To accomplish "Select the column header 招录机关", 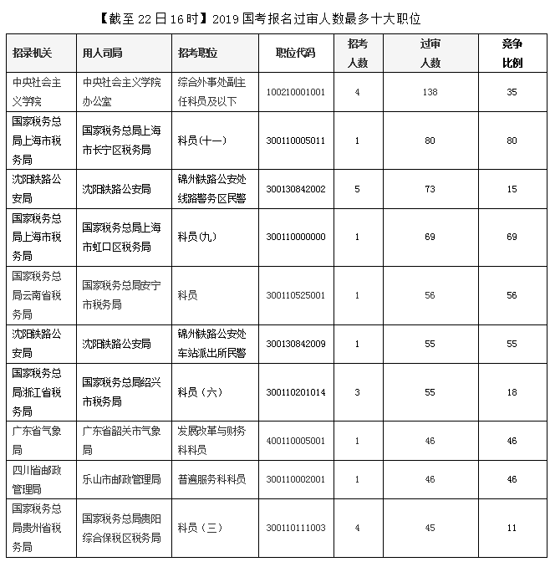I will [x=33, y=53].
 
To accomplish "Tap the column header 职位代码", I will [x=295, y=53].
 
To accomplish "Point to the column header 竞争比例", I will [x=512, y=53].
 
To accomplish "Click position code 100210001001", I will [x=296, y=92].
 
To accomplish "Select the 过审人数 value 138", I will [x=430, y=92].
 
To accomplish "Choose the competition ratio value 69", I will [x=512, y=238].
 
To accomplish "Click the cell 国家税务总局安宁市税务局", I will [x=121, y=294].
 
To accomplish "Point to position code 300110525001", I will [x=296, y=295].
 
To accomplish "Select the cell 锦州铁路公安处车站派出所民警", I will [x=211, y=344].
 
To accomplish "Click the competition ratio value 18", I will [x=512, y=392].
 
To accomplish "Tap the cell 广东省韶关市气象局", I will [x=121, y=440].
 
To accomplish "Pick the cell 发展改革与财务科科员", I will [x=211, y=440].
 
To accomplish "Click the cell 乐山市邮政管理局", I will [x=121, y=479].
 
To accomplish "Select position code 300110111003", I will [x=296, y=528].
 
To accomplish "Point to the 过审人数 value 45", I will [x=430, y=528].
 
